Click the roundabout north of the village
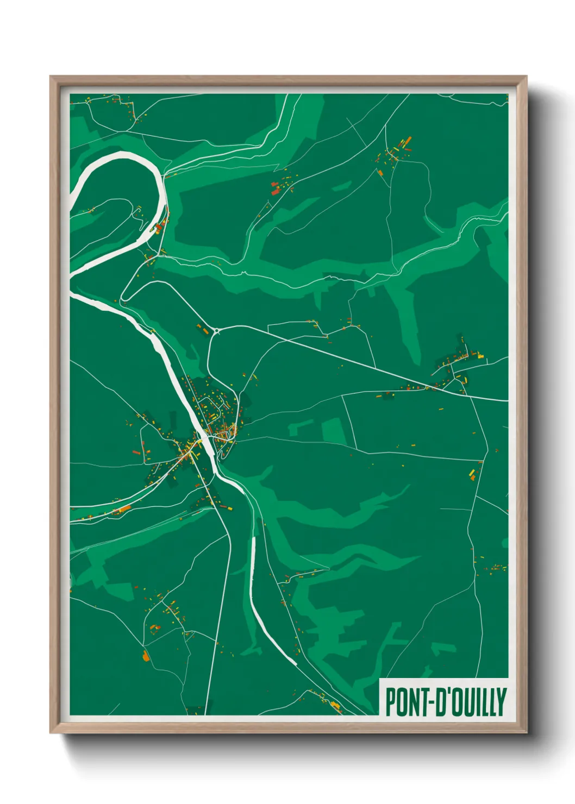(x=216, y=330)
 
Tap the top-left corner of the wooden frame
(x=51, y=77)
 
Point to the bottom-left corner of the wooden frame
(x=51, y=732)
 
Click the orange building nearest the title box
(x=335, y=706)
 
